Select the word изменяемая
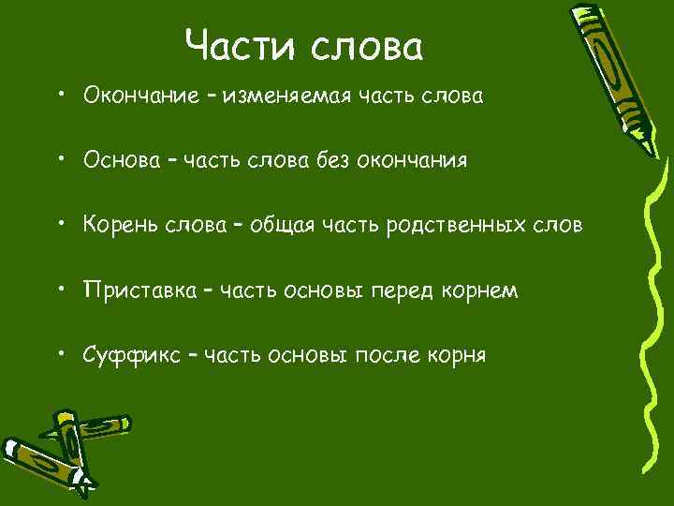(290, 96)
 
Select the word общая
(272, 226)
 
